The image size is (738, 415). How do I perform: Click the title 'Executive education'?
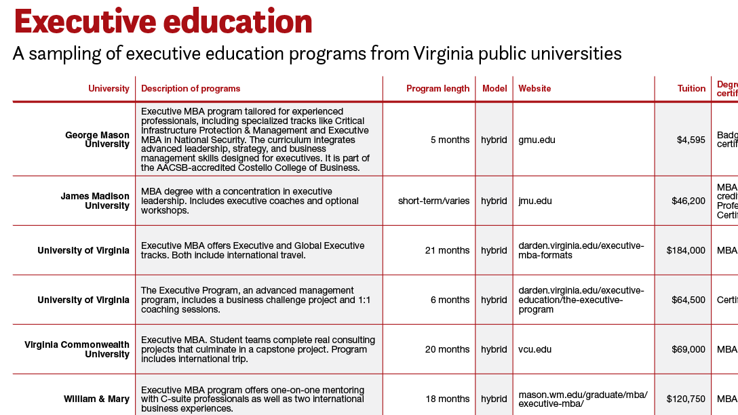coord(163,22)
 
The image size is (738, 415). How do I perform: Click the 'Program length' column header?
coord(438,89)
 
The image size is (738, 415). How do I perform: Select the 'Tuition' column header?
coord(691,89)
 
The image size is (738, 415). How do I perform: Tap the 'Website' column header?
coord(535,89)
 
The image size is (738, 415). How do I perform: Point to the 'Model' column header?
coord(494,89)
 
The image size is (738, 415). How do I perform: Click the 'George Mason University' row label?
coord(97,140)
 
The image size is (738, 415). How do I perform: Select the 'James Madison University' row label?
coord(95,201)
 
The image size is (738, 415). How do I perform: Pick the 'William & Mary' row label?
coord(96,399)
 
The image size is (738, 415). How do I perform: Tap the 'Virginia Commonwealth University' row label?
coord(77,350)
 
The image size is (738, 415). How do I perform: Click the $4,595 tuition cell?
coord(691,140)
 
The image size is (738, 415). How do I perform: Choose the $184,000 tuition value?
coord(686,251)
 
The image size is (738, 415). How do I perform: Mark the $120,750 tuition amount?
coord(686,399)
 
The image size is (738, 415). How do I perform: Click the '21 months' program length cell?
coord(447,251)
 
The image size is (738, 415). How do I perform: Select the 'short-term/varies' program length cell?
coord(433,201)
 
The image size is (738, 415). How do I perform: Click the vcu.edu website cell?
coord(535,350)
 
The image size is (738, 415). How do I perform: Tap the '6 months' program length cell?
coord(450,300)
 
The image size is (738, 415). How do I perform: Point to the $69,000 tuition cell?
coord(688,350)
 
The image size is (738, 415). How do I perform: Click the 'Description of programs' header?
coord(191,89)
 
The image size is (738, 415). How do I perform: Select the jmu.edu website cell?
coord(535,201)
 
